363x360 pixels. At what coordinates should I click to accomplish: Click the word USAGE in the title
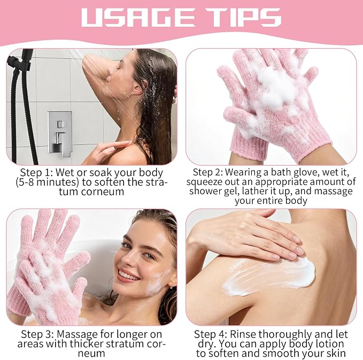coord(138,17)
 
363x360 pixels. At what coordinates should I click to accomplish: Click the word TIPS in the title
coord(243,17)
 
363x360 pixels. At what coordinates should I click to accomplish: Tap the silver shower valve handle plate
coord(59,133)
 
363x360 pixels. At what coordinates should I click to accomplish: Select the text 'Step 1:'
coord(37,173)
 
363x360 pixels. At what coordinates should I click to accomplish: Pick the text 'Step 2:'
coord(208,172)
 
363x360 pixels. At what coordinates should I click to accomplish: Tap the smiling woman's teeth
coord(127,274)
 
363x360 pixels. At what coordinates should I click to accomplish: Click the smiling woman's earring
coord(171,287)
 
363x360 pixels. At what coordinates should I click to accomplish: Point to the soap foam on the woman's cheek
coord(157,281)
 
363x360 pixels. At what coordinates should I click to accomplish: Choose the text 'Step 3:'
coord(37,334)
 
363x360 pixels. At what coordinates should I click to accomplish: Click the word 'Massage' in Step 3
coord(78,335)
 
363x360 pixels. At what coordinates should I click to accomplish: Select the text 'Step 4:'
coord(211,334)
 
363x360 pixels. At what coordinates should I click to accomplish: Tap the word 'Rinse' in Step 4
coord(243,334)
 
